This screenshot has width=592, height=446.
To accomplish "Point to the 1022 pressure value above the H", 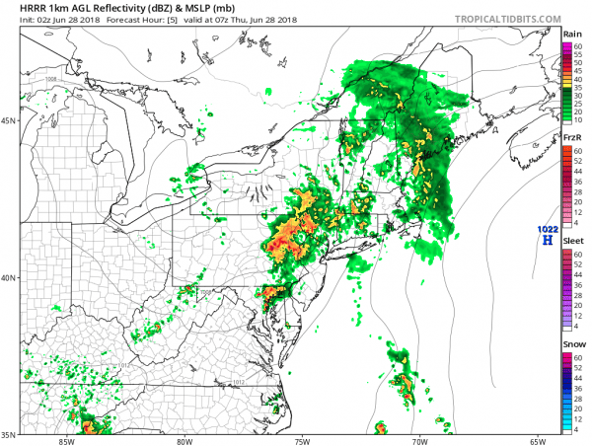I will coord(546,230).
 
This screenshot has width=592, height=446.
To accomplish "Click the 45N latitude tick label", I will coord(11,122).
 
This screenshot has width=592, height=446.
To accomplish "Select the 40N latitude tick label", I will coord(11,278).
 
